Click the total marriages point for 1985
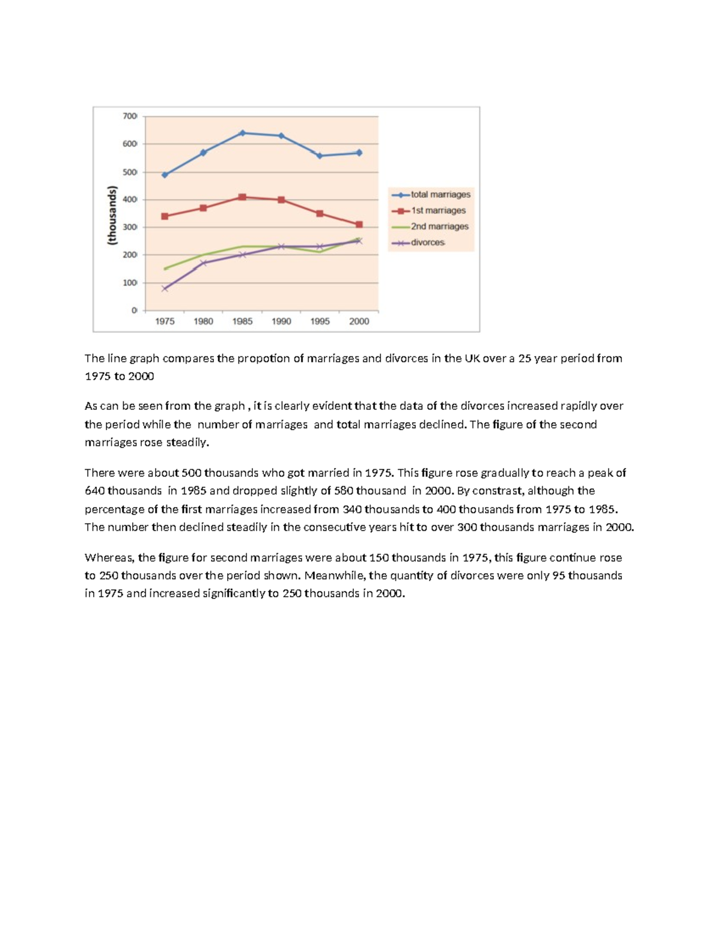click(x=242, y=133)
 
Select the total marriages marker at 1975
click(x=165, y=175)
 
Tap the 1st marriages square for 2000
click(x=359, y=225)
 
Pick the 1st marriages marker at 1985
click(x=242, y=197)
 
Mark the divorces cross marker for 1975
click(x=165, y=288)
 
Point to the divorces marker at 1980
click(x=203, y=263)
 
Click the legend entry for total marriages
click(x=440, y=195)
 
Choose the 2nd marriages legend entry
click(x=439, y=226)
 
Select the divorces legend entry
click(x=427, y=243)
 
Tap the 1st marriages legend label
click(x=438, y=210)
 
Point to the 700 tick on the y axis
click(x=130, y=116)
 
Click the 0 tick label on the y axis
click(x=134, y=311)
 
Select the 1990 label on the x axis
click(x=281, y=321)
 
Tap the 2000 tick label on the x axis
click(x=359, y=321)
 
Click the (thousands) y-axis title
click(x=112, y=215)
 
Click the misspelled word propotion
click(x=263, y=359)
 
